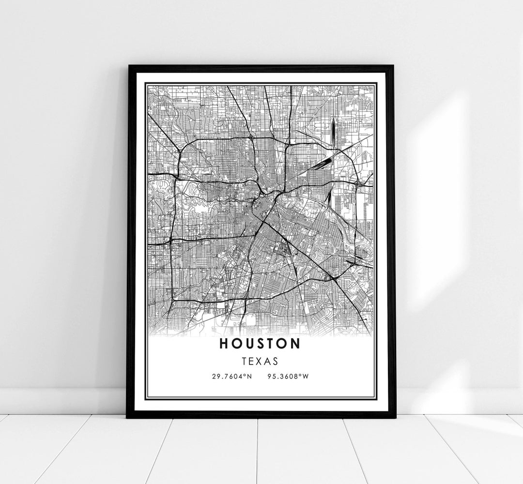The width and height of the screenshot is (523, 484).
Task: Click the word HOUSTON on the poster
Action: [260, 344]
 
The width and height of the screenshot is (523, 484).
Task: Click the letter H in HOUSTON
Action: [224, 344]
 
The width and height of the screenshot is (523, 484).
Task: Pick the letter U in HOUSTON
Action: [248, 344]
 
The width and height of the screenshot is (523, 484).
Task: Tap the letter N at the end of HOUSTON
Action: [295, 344]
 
